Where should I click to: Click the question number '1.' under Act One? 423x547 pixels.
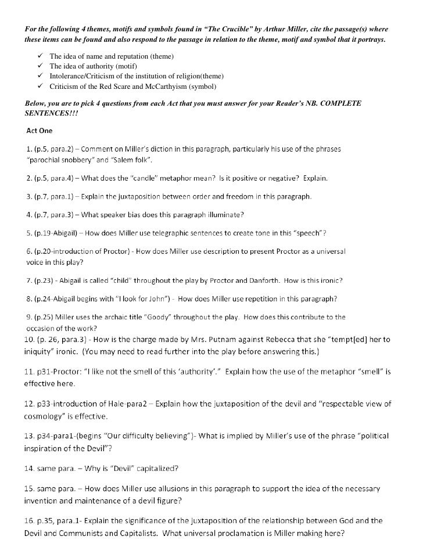(x=30, y=147)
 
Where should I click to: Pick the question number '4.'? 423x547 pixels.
(x=30, y=215)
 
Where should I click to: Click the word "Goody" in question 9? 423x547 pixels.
(x=200, y=317)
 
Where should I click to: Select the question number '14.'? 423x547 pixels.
(x=30, y=468)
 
